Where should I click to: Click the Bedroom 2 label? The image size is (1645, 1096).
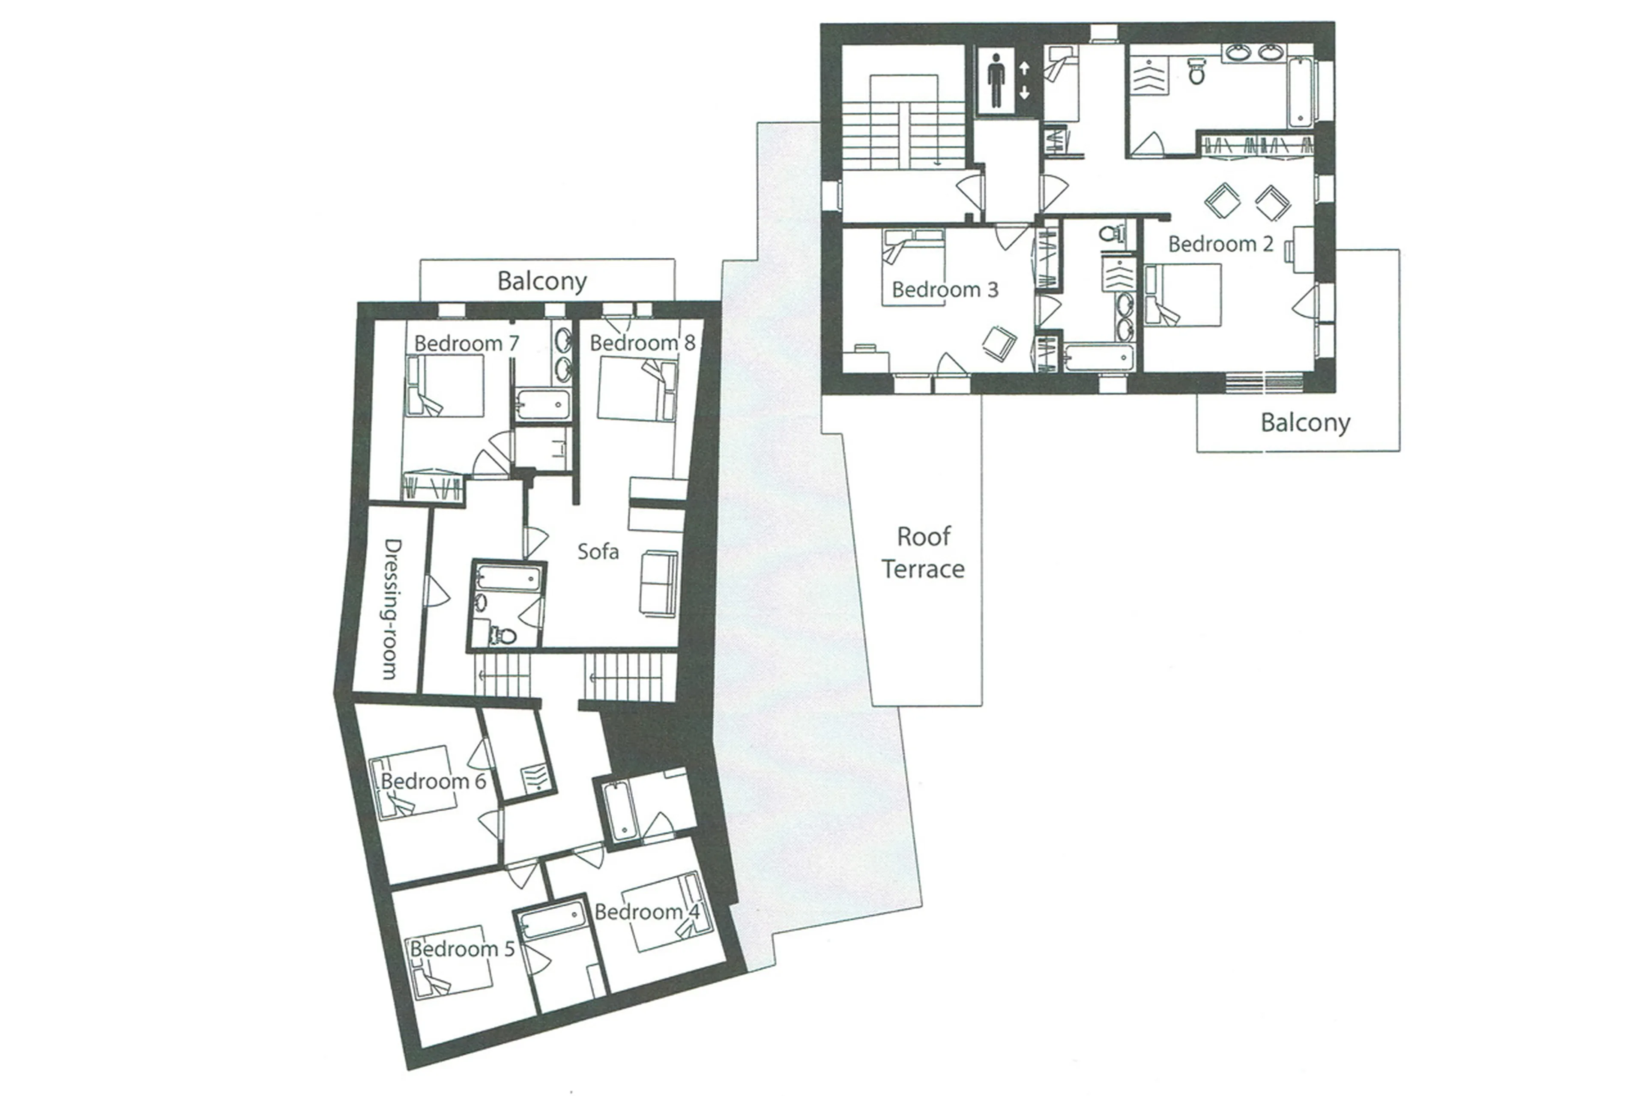point(1220,244)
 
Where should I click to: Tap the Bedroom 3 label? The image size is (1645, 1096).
point(945,290)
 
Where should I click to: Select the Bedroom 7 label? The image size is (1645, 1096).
point(467,343)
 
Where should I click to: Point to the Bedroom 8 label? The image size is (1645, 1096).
point(642,343)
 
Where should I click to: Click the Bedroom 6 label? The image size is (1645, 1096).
point(432,781)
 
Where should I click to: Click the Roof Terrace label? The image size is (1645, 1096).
point(923,552)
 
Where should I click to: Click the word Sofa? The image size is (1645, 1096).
point(598,552)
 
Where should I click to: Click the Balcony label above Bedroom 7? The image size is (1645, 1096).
point(542,281)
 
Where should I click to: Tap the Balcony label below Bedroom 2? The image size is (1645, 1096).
point(1304,422)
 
